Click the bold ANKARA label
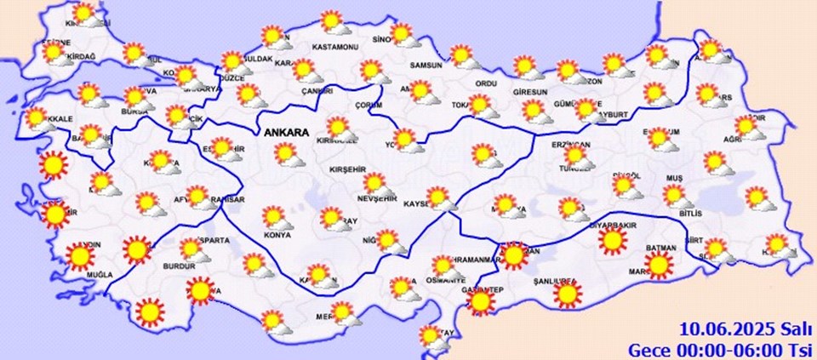click(x=286, y=133)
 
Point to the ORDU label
click(x=485, y=83)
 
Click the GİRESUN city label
click(x=532, y=91)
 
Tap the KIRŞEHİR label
click(x=351, y=169)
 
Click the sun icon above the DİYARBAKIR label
click(x=612, y=241)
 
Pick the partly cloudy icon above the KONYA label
click(x=277, y=218)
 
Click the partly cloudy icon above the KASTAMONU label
click(x=333, y=22)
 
